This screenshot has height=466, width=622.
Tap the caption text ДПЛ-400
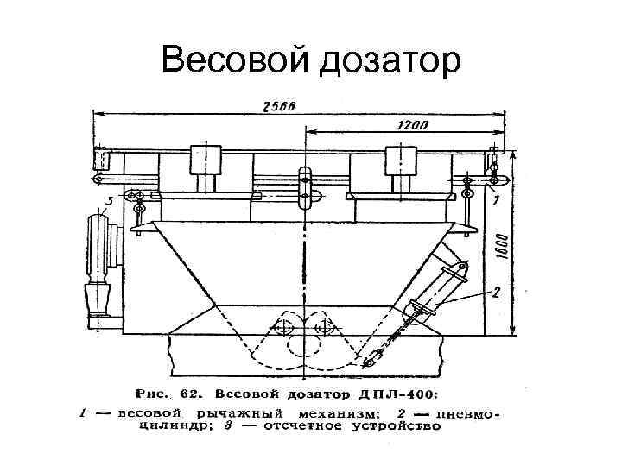coord(372,394)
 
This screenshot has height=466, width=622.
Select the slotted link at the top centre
coord(304,187)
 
